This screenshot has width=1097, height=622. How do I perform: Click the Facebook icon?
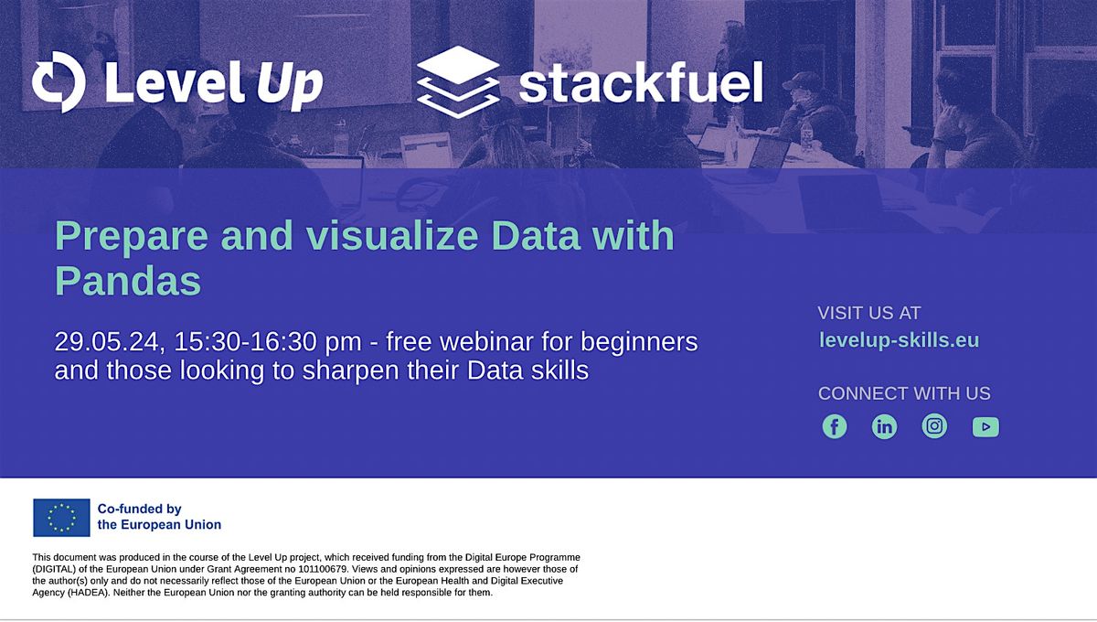[835, 426]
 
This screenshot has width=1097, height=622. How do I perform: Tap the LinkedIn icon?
[885, 426]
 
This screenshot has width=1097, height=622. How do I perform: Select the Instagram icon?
[934, 426]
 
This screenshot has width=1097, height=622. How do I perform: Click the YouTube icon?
[985, 426]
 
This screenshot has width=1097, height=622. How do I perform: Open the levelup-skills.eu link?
[899, 340]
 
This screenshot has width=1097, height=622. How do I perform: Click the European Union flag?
[61, 517]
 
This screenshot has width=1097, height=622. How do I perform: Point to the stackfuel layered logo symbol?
[458, 82]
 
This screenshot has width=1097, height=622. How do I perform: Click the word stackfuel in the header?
[640, 84]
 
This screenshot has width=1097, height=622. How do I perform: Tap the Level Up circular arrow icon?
[59, 82]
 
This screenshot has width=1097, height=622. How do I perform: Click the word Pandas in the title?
[127, 281]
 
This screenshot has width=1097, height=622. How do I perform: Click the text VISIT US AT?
[869, 313]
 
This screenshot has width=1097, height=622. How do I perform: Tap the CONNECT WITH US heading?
[904, 393]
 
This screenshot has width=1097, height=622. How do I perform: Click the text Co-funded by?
[139, 509]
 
